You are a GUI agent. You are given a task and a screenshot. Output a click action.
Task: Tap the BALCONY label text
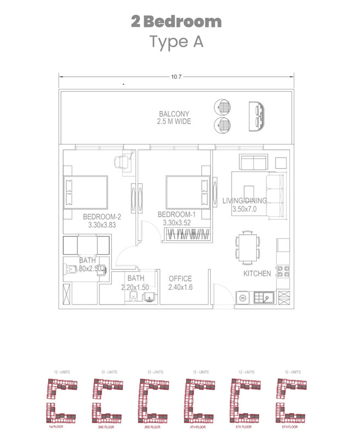pyautogui.click(x=175, y=114)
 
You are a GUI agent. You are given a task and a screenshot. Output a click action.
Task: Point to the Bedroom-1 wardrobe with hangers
pyautogui.click(x=187, y=234)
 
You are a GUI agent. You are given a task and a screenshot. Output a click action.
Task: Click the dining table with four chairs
pyautogui.click(x=248, y=247)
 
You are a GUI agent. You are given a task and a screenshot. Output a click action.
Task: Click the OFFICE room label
pyautogui.click(x=180, y=278)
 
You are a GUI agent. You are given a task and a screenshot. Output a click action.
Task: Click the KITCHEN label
pyautogui.click(x=257, y=273)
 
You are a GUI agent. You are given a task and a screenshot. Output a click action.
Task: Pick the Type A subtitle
pyautogui.click(x=176, y=42)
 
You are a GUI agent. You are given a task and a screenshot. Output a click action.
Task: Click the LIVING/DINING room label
pyautogui.click(x=245, y=201)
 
